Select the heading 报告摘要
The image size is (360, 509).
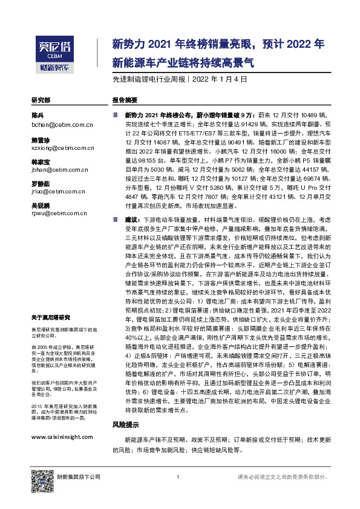pyautogui.click(x=125, y=100)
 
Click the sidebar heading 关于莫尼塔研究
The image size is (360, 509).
pyautogui.click(x=50, y=316)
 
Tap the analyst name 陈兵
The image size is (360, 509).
pyautogui.click(x=38, y=115)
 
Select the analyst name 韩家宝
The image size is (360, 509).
pyautogui.click(x=40, y=161)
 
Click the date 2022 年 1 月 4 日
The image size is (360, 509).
pyautogui.click(x=220, y=79)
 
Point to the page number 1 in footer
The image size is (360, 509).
pyautogui.click(x=177, y=478)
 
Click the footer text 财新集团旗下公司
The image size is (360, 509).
pyautogui.click(x=77, y=478)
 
